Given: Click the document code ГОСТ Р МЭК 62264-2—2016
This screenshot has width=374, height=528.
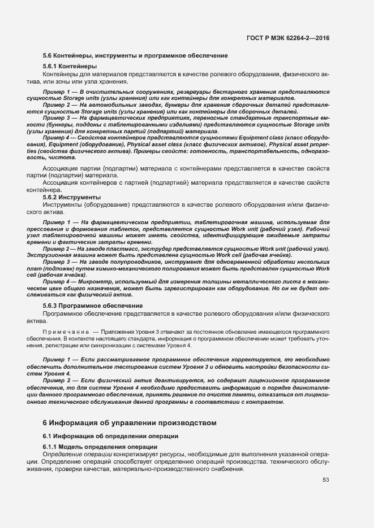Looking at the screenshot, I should click(288, 38).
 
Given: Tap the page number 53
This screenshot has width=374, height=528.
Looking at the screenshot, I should click(326, 480).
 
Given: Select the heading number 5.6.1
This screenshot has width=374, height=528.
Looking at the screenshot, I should click(50, 67).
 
